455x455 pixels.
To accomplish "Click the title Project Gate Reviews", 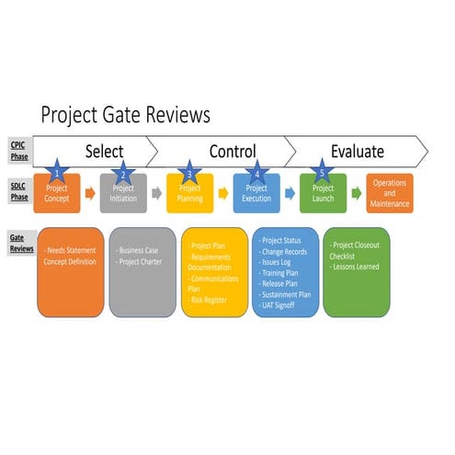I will click(126, 115).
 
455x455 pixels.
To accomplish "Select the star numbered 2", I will click(122, 175).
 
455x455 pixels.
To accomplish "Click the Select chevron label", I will click(104, 151).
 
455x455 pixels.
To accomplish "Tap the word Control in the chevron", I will click(232, 151).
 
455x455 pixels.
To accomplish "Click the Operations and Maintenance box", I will click(390, 193).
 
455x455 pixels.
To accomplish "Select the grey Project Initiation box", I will click(123, 194).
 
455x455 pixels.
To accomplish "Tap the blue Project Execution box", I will click(256, 194).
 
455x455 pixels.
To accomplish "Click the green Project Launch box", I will click(323, 194).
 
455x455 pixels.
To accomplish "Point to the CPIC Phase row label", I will click(18, 149).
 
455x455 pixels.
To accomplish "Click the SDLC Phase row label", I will click(18, 192).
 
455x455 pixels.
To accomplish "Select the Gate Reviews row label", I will click(18, 243).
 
